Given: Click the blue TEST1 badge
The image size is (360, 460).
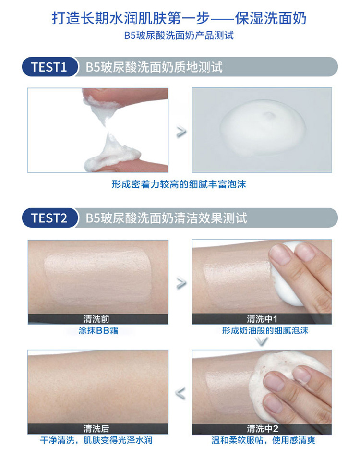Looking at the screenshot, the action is tap(49, 67).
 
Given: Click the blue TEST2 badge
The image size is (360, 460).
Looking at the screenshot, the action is tap(49, 218).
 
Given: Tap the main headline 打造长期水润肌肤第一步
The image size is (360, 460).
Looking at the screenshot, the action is tap(131, 18).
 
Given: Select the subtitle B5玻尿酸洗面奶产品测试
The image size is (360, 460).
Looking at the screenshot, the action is tap(179, 36).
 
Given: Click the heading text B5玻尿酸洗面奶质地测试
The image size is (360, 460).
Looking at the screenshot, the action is tap(154, 67).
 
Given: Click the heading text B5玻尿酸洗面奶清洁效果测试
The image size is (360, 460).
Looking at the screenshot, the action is tap(166, 218).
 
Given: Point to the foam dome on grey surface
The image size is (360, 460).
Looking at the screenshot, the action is tap(263, 128).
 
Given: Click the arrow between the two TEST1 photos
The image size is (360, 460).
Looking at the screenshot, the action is tap(181, 132).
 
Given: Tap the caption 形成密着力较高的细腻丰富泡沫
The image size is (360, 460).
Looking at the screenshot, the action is tap(179, 184).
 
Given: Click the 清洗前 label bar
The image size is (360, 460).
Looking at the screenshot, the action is tap(98, 319).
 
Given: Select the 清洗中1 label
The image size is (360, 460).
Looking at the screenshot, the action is tap(262, 319).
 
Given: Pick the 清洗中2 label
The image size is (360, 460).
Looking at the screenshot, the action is tap(262, 429).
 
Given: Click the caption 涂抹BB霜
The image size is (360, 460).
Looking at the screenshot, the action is tap(98, 331).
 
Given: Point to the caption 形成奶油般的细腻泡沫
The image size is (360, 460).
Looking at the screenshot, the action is tap(265, 331).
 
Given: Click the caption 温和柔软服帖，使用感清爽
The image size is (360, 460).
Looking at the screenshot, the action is tap(263, 440).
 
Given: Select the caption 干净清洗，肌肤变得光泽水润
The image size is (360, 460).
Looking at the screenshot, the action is tap(96, 440).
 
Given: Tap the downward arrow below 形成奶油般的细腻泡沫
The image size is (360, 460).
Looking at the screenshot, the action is tap(262, 341).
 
